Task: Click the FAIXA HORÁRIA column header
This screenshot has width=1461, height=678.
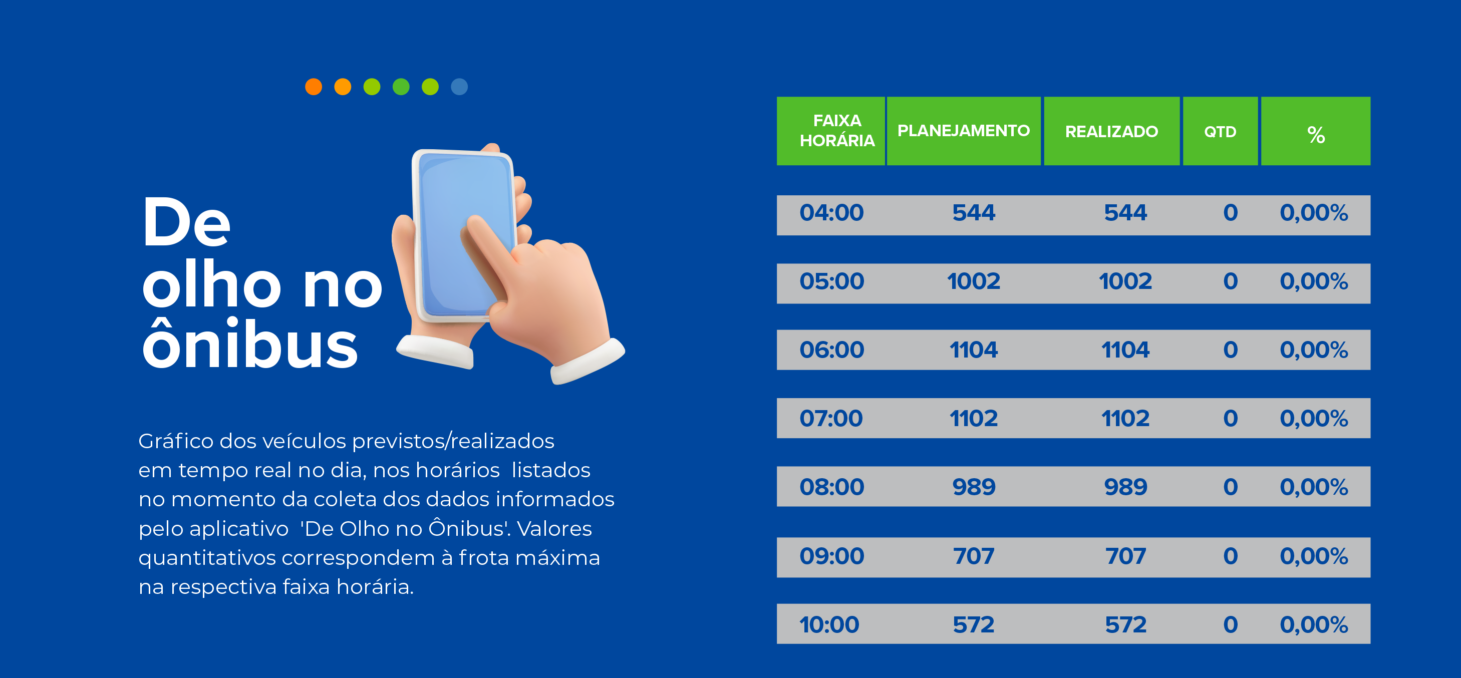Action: point(837,130)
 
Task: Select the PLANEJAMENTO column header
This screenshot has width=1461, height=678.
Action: point(963,130)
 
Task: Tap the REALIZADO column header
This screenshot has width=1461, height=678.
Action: point(1111,132)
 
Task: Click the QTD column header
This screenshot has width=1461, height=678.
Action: point(1220,132)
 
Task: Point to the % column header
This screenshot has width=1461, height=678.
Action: point(1316,135)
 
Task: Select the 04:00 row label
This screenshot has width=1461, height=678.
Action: point(831,213)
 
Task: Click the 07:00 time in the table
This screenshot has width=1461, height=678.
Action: point(831,418)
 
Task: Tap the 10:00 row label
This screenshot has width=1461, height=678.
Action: point(829,625)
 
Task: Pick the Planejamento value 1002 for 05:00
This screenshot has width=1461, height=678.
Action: point(973,281)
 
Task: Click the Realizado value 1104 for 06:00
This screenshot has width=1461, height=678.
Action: point(1125,350)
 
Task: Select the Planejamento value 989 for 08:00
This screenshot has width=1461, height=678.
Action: point(974,487)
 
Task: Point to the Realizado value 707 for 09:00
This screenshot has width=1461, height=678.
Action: point(1126,556)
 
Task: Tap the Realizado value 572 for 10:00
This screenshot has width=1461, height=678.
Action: point(1126,625)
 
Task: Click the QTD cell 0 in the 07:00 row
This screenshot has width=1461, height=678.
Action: point(1230,418)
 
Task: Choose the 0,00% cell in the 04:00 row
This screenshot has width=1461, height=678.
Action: point(1314,213)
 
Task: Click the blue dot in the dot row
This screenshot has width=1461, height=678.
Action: point(459,87)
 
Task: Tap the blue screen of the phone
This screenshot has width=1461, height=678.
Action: point(465,232)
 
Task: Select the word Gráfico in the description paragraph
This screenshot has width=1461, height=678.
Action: point(176,441)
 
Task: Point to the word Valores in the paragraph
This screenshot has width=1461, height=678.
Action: point(554,528)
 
